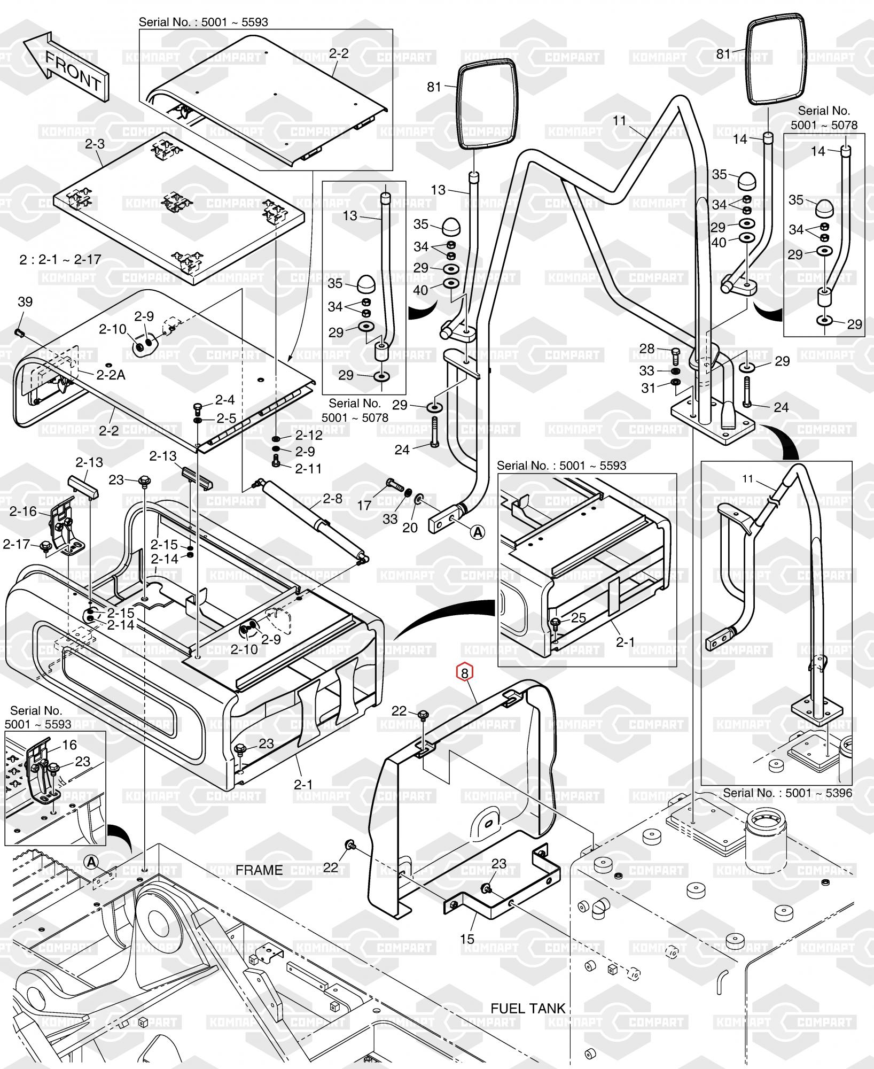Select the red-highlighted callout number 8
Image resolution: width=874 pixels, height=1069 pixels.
click(x=464, y=672)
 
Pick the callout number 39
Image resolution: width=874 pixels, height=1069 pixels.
click(x=25, y=301)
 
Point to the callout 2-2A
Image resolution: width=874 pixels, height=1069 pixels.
click(x=111, y=375)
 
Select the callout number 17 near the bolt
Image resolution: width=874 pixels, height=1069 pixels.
click(x=364, y=505)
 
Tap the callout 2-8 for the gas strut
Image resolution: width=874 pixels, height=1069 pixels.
click(x=332, y=498)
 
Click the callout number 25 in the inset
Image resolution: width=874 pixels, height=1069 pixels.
click(x=579, y=618)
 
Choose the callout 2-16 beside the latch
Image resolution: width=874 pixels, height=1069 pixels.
click(x=23, y=512)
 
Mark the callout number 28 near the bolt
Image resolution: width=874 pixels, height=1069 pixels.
click(x=647, y=348)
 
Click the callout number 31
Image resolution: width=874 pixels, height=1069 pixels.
click(x=648, y=388)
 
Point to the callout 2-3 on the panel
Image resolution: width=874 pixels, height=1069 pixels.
click(x=95, y=144)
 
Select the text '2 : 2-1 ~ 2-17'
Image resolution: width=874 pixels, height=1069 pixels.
click(x=60, y=260)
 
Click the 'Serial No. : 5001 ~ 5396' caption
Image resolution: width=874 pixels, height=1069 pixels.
click(x=787, y=793)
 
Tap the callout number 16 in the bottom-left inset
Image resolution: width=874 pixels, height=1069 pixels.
click(x=69, y=745)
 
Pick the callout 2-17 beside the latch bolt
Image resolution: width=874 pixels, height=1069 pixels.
click(x=17, y=544)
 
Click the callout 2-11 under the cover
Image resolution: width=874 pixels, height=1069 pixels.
click(x=309, y=468)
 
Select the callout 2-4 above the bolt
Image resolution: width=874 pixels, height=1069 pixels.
click(x=225, y=400)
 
